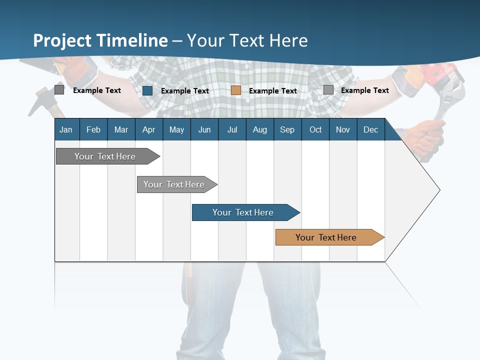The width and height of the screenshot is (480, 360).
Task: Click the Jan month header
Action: pyautogui.click(x=66, y=129)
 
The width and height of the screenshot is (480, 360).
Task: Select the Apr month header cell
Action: pyautogui.click(x=149, y=129)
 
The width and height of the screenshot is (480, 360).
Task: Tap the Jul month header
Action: pyautogui.click(x=232, y=129)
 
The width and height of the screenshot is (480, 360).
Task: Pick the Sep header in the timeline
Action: pyautogui.click(x=287, y=129)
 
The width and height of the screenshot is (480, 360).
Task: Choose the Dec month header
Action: pyautogui.click(x=370, y=129)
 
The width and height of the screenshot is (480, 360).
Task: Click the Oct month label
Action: pyautogui.click(x=315, y=129)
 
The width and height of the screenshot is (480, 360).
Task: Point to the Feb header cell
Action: pyautogui.click(x=93, y=129)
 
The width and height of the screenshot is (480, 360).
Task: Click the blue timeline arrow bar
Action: pyautogui.click(x=243, y=212)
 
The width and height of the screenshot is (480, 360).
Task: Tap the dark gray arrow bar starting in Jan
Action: pyautogui.click(x=105, y=156)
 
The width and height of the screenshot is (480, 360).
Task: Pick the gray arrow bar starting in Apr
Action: pyautogui.click(x=174, y=184)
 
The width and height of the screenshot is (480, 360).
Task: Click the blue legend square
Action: pyautogui.click(x=147, y=90)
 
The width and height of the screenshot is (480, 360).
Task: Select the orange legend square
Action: pyautogui.click(x=236, y=90)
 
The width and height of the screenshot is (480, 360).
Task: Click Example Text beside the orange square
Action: pyautogui.click(x=273, y=91)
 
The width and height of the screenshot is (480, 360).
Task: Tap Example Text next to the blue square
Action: pyautogui.click(x=185, y=91)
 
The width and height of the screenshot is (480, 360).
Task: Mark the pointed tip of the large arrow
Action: pyautogui.click(x=439, y=190)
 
